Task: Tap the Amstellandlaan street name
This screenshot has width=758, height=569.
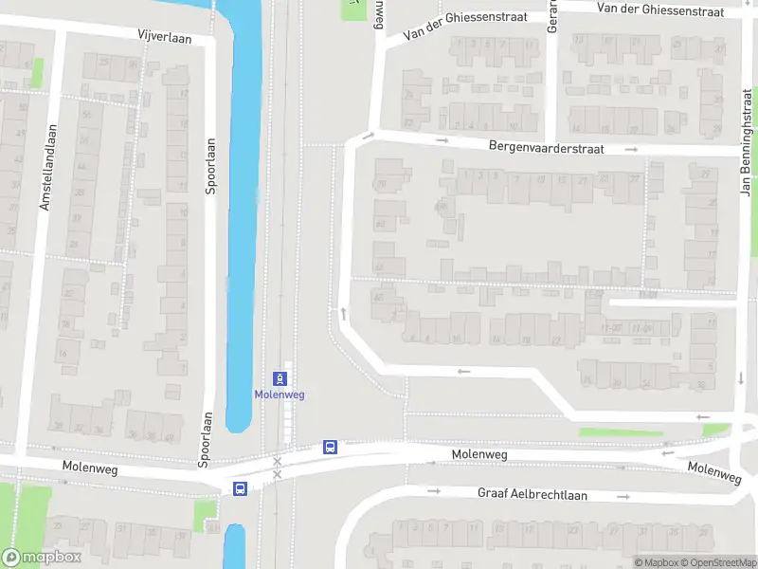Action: [x=45, y=167]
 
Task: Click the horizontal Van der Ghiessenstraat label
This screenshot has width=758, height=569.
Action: [x=660, y=9]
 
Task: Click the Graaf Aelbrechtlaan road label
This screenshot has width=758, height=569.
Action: [x=532, y=494]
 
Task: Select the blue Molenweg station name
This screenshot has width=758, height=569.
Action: [x=280, y=395]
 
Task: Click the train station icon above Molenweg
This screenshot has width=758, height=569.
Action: [x=280, y=377]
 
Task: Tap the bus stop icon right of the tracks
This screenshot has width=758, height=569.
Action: [x=330, y=447]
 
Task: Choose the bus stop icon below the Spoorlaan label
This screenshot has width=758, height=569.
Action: [x=240, y=489]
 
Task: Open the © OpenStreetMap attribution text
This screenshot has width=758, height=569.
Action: [x=717, y=562]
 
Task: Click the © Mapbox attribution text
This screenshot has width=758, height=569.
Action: [x=656, y=562]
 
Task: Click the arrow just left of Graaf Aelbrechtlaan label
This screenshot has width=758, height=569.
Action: [x=434, y=491]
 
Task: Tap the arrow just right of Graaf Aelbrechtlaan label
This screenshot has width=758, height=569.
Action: [x=624, y=496]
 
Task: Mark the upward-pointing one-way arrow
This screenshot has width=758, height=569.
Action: [x=342, y=313]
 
